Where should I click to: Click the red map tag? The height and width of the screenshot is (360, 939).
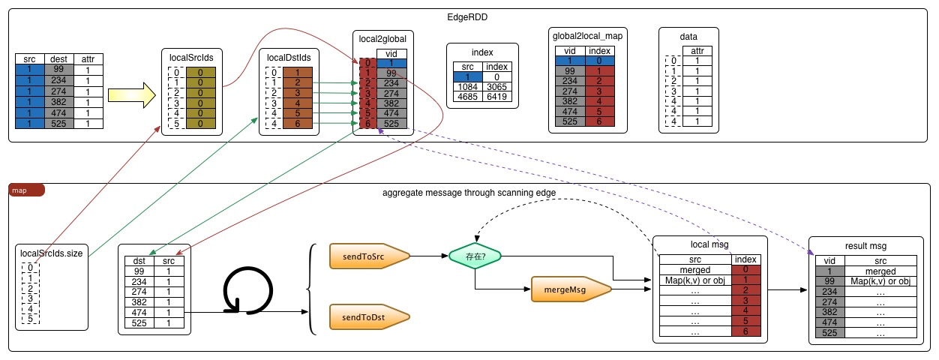[x=27, y=190]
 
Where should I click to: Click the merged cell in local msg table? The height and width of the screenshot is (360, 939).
[x=694, y=269]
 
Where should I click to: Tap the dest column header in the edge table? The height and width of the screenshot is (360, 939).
[x=58, y=58]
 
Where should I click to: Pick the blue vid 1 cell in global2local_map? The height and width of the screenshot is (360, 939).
[x=571, y=60]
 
